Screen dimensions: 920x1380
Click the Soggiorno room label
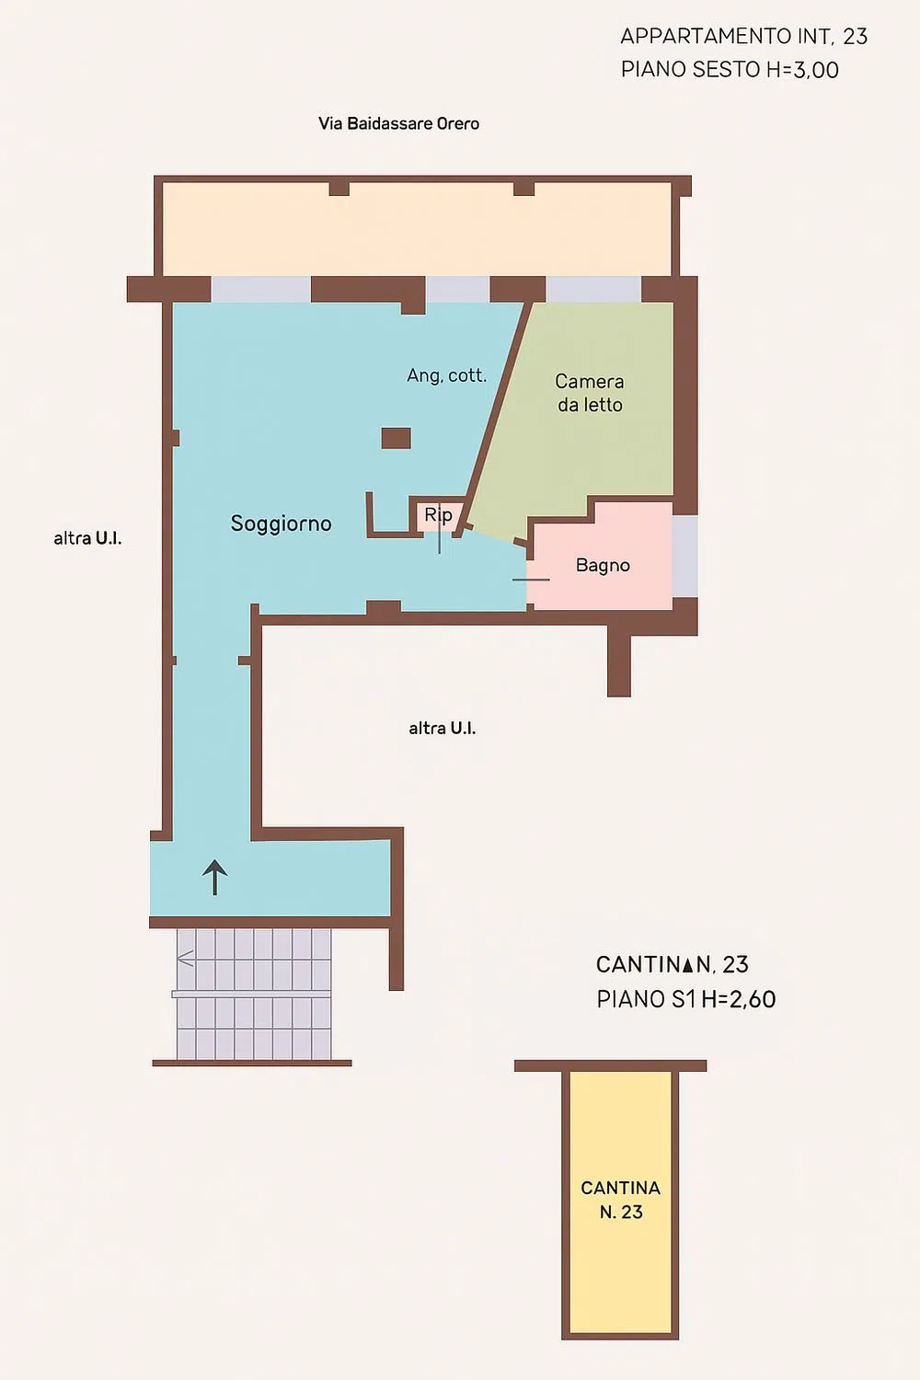281,523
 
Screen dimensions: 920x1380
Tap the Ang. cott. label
447,375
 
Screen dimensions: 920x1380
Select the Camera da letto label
590,393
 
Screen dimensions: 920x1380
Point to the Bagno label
603,566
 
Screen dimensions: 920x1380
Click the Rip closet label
438,514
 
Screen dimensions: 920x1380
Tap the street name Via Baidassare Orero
398,124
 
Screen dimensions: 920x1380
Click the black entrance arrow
214,878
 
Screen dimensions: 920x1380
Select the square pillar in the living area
397,438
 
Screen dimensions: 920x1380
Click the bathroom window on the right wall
684,557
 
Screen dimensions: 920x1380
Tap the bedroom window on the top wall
593,289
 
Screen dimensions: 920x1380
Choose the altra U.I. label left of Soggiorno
87,538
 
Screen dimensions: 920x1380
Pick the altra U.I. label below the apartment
442,729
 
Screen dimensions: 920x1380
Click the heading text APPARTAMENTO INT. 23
743,37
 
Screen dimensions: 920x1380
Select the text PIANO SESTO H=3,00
730,70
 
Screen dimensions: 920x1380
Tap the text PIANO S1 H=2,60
685,999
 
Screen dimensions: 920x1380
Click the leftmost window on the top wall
260,289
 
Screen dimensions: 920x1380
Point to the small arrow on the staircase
185,959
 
